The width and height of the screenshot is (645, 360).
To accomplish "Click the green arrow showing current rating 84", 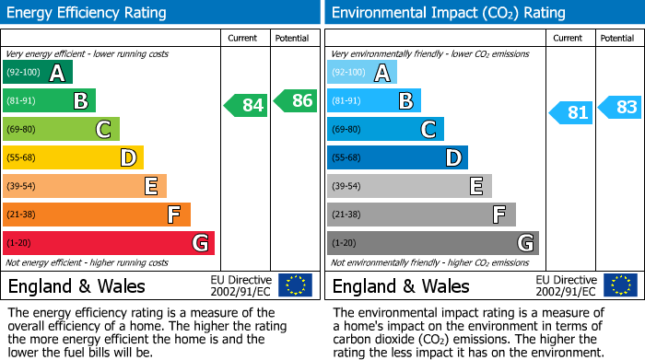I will [246, 105].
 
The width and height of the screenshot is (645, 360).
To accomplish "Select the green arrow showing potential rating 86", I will [296, 100].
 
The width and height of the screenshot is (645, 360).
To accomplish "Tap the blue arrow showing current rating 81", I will [570, 112].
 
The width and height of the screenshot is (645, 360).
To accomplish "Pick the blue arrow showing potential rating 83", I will [620, 107].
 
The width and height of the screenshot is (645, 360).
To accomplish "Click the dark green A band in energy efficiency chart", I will [38, 73].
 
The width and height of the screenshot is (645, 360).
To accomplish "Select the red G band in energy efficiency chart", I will [109, 243].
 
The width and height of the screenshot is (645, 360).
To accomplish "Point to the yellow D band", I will [73, 158].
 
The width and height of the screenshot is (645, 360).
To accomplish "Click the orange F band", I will [97, 215].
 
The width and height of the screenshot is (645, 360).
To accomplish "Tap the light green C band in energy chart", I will [61, 130].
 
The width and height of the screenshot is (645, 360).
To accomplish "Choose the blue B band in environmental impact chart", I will [373, 101].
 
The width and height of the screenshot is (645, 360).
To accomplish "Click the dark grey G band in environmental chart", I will [432, 243].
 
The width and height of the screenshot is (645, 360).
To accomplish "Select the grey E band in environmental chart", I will [409, 187].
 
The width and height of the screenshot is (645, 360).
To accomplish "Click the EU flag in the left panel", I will [295, 285].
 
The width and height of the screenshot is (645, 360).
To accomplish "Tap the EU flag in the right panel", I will [619, 285].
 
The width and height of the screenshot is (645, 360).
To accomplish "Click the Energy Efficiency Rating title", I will [88, 13].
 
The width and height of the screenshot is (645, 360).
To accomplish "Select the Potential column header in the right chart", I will [617, 38].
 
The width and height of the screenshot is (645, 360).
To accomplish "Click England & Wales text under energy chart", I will [76, 286].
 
